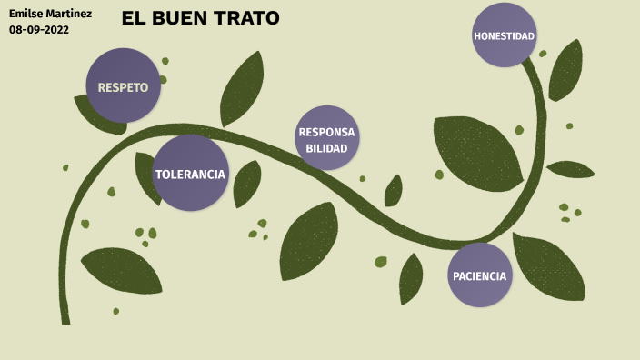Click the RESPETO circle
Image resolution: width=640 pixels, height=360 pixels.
pyautogui.click(x=123, y=86)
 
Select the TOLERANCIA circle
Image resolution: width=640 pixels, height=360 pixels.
pyautogui.click(x=190, y=174)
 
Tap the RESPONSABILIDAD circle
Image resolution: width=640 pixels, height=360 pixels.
pyautogui.click(x=326, y=139)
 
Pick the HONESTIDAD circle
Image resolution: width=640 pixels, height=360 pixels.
pyautogui.click(x=504, y=35)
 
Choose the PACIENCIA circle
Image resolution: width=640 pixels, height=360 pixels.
pyautogui.click(x=479, y=275)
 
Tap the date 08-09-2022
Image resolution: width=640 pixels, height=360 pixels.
pyautogui.click(x=39, y=29)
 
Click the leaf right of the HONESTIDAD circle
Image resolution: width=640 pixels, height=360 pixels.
pyautogui.click(x=565, y=71)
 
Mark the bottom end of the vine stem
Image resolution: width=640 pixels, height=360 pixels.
pyautogui.click(x=65, y=319)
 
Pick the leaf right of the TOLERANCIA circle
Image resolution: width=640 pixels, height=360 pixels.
pyautogui.click(x=247, y=184)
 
